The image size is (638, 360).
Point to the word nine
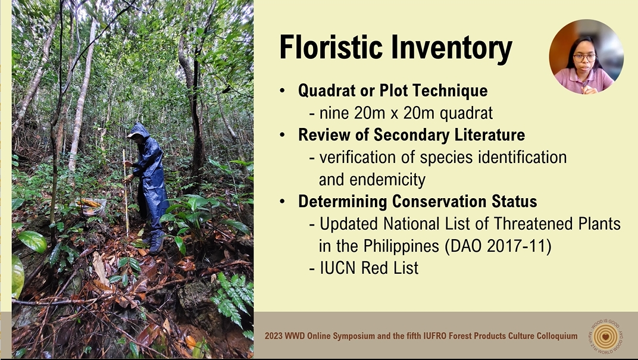tap(334, 112)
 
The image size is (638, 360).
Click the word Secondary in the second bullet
tap(411, 135)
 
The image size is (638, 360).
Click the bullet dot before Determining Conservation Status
tap(283, 202)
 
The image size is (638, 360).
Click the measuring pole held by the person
tap(126, 192)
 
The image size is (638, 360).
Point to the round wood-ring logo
tap(606, 336)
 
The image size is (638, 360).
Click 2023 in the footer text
tap(273, 336)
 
